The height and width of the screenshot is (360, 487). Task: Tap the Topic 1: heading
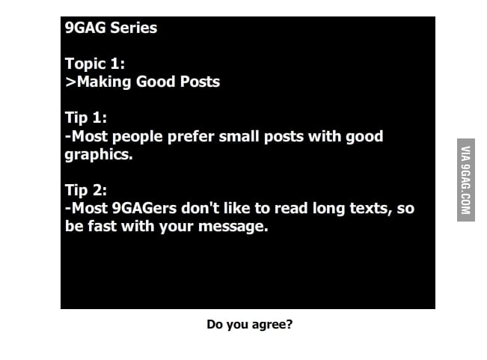pos(95,64)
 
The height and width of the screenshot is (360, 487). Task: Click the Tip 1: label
pos(86,118)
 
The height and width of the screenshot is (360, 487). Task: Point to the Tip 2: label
pos(86,190)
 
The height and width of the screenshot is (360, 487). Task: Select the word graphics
pos(98,155)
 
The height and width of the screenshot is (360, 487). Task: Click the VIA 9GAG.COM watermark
pos(465,180)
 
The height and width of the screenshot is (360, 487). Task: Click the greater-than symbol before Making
pos(70,82)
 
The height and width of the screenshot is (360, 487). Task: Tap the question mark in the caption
pos(290,325)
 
